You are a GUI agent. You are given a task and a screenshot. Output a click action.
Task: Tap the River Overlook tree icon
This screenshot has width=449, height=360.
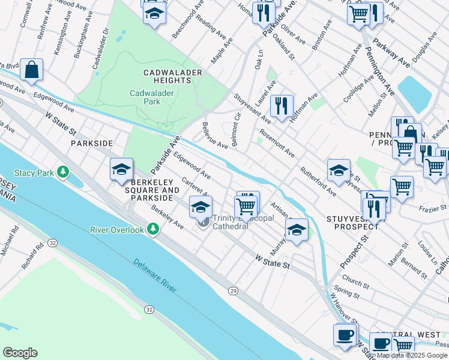click(154, 229)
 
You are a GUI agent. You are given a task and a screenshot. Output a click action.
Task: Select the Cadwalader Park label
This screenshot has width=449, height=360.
click(145, 97)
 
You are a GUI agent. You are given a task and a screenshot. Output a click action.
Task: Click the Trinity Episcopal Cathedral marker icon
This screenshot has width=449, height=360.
click(203, 223)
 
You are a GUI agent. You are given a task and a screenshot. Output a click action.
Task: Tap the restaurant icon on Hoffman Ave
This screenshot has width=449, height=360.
click(282, 106)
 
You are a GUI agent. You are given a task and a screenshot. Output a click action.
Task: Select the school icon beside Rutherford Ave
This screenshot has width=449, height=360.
click(339, 170)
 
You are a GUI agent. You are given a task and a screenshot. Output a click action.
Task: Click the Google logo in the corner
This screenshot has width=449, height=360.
click(20, 352)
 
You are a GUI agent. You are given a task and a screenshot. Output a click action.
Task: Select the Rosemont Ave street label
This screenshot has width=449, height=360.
click(277, 143)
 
